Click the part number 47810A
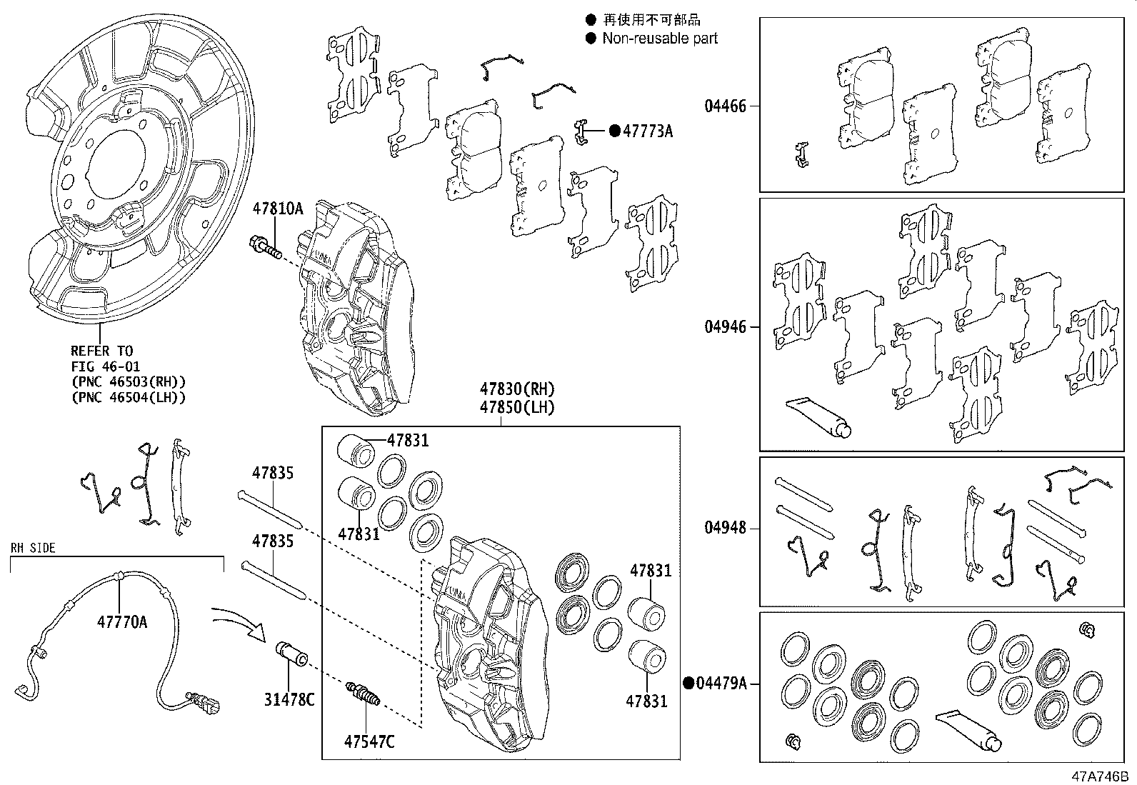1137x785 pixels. tap(277, 209)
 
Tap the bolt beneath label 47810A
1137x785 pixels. tap(265, 248)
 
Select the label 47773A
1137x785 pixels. tap(648, 131)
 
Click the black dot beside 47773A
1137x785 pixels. tap(614, 131)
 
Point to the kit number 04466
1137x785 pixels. tap(725, 106)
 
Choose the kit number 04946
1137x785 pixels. tap(725, 327)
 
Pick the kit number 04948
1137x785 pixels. tap(725, 528)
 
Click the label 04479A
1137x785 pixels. tap(721, 684)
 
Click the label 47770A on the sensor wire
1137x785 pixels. tap(122, 622)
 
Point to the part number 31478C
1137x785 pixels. tap(289, 700)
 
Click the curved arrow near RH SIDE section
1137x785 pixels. tap(240, 621)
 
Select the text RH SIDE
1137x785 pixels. tap(33, 549)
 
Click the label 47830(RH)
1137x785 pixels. tap(517, 389)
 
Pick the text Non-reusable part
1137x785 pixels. tap(660, 39)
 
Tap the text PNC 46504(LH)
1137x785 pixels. tap(129, 398)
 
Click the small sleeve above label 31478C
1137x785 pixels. tap(291, 654)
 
